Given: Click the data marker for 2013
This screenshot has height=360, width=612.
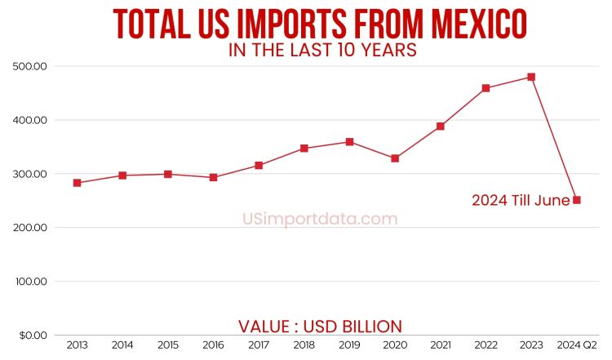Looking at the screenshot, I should click(x=77, y=183).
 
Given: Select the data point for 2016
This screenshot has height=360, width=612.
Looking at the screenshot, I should click(x=213, y=177).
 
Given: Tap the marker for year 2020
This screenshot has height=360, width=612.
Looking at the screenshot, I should click(x=395, y=158).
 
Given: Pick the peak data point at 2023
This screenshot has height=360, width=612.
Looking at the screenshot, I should click(x=531, y=77).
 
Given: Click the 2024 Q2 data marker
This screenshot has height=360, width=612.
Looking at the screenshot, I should click(x=577, y=200).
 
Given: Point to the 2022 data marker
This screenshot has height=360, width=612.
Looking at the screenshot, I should click(x=486, y=88).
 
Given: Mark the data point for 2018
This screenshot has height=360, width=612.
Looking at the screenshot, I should click(x=304, y=149).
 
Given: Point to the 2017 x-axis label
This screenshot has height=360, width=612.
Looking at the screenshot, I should click(x=259, y=346).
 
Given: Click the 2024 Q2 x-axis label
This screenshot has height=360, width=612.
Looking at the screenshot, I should click(x=577, y=346).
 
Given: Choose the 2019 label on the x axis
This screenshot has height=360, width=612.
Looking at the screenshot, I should click(x=349, y=346).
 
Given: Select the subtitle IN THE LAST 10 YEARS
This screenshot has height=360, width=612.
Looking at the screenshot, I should click(x=322, y=51).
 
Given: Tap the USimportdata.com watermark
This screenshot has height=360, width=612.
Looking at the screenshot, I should click(x=320, y=219).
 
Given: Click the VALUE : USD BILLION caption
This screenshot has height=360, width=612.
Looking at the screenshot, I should click(x=320, y=327).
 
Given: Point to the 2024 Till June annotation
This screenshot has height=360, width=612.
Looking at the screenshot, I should click(x=521, y=200).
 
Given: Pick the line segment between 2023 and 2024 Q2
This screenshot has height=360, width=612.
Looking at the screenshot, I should click(x=554, y=139).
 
